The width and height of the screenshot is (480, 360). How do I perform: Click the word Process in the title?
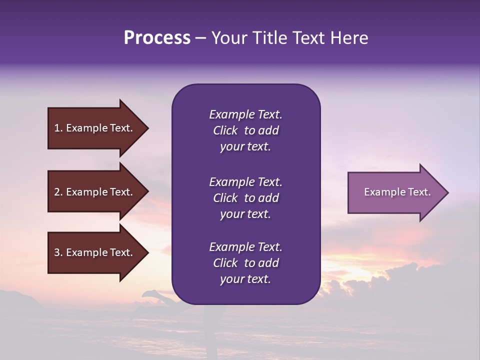tap(157, 38)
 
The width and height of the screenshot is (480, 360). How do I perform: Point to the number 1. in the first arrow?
tap(58, 128)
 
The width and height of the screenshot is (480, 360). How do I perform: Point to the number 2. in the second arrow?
tap(58, 192)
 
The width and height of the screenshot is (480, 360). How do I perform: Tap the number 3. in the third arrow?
tap(58, 252)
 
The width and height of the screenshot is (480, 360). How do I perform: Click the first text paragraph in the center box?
tap(245, 130)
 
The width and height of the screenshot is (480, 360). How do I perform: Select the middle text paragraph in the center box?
tap(245, 197)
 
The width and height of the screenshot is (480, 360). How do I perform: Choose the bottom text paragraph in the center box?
tap(245, 263)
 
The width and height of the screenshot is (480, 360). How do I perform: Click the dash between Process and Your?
tap(201, 38)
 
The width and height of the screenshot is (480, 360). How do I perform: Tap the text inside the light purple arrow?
tap(397, 192)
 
